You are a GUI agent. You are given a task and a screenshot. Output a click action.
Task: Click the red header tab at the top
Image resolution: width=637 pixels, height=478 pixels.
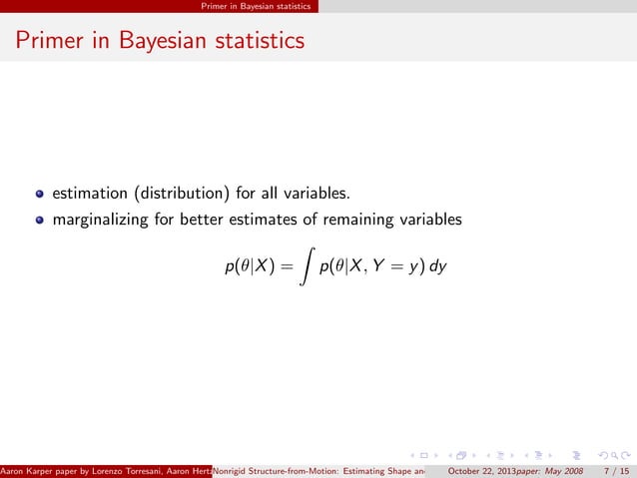(x=256, y=6)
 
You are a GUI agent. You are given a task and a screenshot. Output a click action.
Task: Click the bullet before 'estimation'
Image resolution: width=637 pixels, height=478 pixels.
(x=41, y=193)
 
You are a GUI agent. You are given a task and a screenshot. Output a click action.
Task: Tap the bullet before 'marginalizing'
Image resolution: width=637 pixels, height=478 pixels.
(x=41, y=220)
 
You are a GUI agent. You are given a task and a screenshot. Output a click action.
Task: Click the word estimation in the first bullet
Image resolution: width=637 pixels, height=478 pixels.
(x=90, y=193)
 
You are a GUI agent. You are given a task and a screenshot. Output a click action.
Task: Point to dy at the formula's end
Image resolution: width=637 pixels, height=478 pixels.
(x=438, y=267)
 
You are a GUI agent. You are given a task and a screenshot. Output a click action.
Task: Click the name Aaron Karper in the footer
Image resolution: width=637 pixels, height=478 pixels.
(x=29, y=470)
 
